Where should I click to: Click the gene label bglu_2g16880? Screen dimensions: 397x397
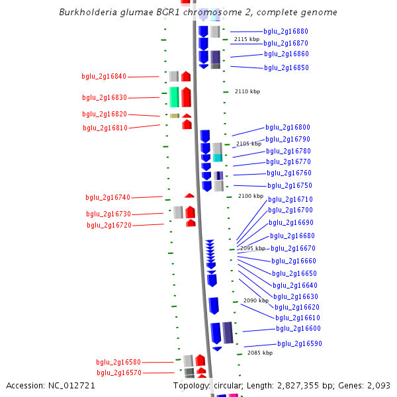tap(285, 31)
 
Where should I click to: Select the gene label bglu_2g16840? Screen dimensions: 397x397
tap(104, 77)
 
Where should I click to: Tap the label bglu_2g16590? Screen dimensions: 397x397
tap(299, 343)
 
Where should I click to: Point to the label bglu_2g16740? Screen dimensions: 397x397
tap(108, 197)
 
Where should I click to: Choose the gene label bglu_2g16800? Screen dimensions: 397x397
tap(288, 127)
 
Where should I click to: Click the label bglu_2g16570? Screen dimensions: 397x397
tap(119, 373)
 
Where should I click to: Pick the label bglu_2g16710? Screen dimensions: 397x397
tap(290, 199)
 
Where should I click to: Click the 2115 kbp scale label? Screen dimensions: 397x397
tap(247, 40)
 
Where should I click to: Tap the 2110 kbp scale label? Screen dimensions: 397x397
tap(247, 91)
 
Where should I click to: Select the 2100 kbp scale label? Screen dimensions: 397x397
tap(251, 196)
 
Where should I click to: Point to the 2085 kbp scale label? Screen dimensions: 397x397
tap(260, 353)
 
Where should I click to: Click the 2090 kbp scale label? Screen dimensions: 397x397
tap(256, 300)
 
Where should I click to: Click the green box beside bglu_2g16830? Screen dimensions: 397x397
tap(174, 97)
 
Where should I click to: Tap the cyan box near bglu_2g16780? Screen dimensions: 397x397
tap(217, 157)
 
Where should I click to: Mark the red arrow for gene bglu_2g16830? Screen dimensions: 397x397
tap(187, 97)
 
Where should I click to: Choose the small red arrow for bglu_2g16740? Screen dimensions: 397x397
tap(189, 195)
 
